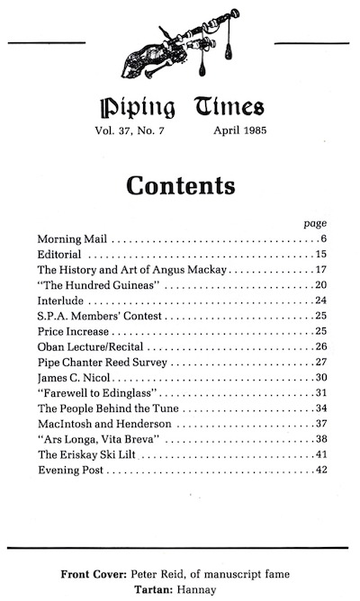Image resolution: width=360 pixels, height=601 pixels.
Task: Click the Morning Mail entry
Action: click(72, 239)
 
